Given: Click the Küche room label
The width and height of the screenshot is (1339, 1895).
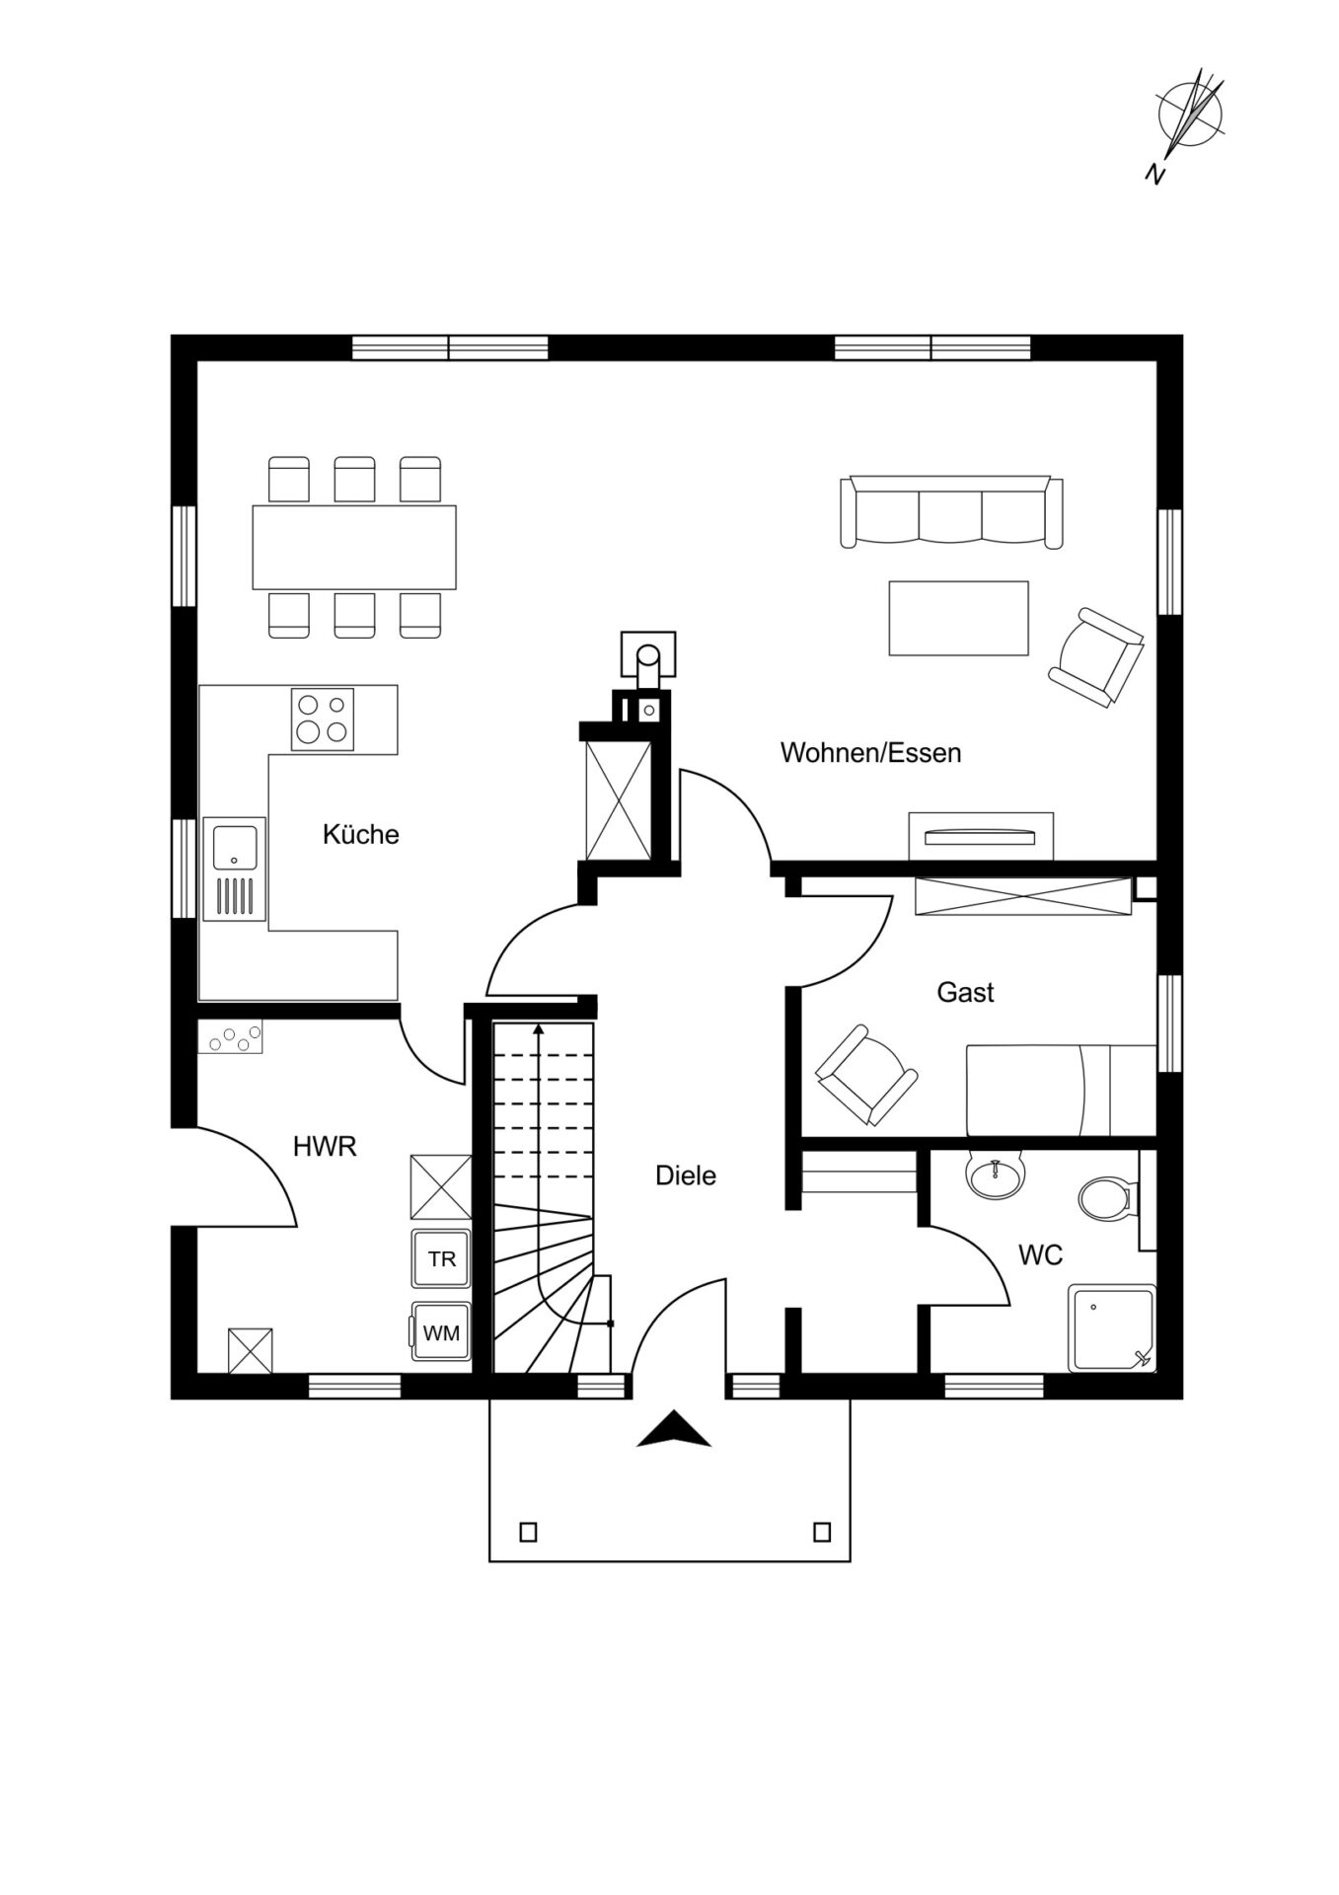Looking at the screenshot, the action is [x=360, y=834].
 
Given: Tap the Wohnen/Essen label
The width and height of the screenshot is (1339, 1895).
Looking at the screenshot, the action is [x=870, y=753].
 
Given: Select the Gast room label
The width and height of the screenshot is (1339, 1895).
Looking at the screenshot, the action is [x=965, y=992].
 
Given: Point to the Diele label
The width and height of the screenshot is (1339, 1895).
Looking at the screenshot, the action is [x=686, y=1175].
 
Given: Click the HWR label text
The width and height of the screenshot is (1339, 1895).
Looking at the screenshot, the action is [x=325, y=1147].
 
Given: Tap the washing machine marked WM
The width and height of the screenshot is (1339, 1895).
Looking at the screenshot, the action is [x=441, y=1332].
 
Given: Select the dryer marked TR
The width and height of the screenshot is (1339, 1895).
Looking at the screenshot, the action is [x=441, y=1258].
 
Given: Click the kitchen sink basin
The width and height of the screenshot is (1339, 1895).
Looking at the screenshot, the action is [x=235, y=846].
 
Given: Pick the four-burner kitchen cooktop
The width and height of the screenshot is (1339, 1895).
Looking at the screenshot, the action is [x=323, y=719].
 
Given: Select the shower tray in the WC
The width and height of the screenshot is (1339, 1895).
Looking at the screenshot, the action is [x=1112, y=1327].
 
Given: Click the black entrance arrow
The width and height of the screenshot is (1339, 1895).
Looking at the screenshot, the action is [x=674, y=1429].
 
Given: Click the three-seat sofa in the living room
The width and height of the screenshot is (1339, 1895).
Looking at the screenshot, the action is [x=951, y=511].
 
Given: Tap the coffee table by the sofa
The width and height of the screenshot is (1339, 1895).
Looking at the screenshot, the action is [x=958, y=618].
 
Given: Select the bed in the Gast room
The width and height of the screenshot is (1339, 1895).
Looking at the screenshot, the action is [x=1061, y=1091].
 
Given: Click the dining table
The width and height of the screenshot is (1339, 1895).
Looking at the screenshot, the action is [x=354, y=547].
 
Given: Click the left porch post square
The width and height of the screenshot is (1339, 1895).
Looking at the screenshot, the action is [x=528, y=1533].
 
